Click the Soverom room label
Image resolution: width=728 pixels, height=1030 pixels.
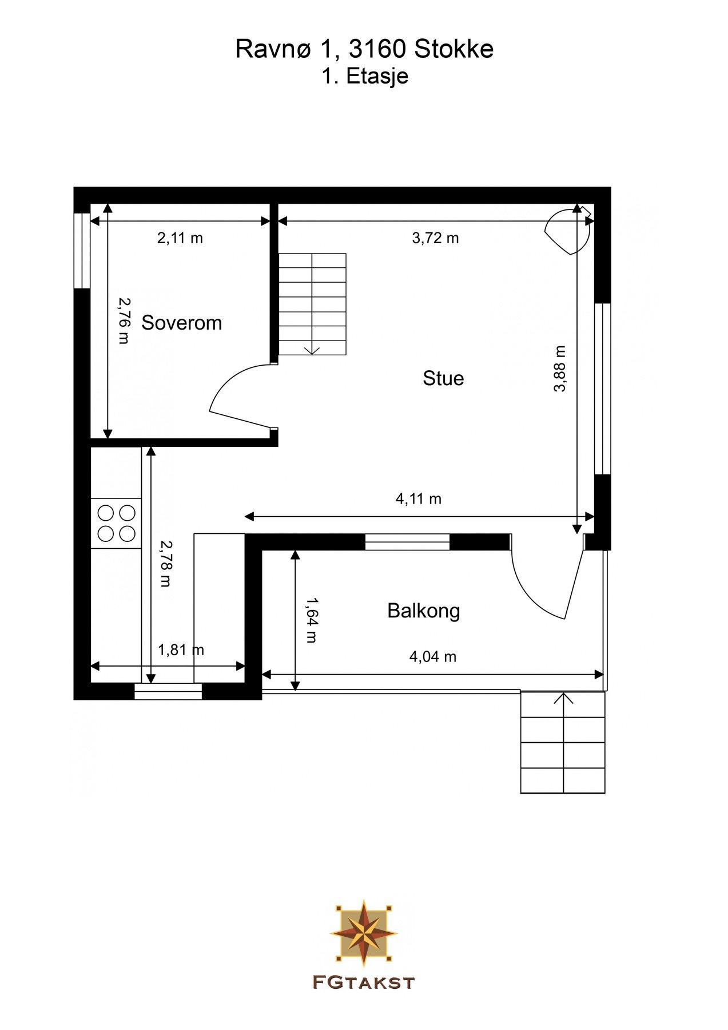(181, 323)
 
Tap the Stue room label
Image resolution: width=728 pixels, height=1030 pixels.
(443, 378)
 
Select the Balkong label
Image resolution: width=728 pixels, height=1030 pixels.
(424, 611)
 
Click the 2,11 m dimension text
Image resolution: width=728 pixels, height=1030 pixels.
(180, 238)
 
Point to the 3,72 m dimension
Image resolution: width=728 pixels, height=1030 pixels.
(436, 238)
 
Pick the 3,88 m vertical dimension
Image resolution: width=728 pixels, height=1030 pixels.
(560, 369)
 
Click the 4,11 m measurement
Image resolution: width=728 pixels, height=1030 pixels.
(419, 499)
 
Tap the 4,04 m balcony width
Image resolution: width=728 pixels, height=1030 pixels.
(433, 657)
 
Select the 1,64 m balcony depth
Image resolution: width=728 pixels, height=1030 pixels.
(312, 620)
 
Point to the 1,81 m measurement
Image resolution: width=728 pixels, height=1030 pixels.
(181, 650)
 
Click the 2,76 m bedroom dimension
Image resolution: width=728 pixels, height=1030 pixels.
(124, 320)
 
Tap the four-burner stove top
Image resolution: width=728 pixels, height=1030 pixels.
(117, 523)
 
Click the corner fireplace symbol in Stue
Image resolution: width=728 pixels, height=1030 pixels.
(567, 230)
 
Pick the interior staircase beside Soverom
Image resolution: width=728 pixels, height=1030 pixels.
(312, 304)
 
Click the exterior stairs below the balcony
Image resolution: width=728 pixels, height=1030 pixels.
(563, 742)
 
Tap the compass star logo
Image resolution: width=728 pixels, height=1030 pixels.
(364, 933)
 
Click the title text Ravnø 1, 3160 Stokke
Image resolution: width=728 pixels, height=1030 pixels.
(364, 49)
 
